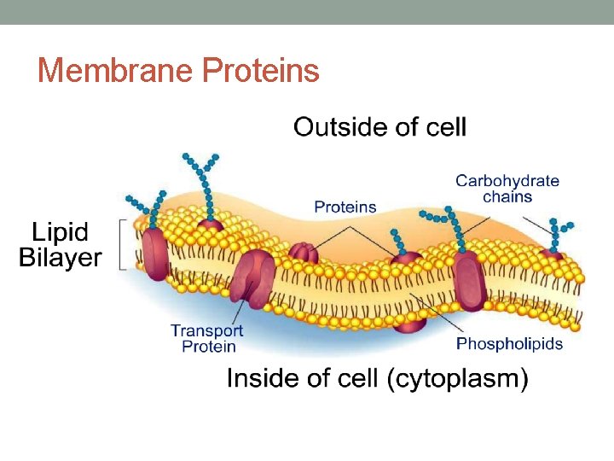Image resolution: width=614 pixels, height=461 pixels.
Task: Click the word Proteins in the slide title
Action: pyautogui.click(x=261, y=71)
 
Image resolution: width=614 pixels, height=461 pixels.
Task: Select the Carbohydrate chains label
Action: pyautogui.click(x=507, y=189)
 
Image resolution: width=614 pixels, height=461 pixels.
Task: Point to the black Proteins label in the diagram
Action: pyautogui.click(x=345, y=207)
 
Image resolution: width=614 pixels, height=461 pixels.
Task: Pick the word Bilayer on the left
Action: pyautogui.click(x=61, y=257)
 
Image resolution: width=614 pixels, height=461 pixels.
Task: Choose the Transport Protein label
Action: pyautogui.click(x=206, y=338)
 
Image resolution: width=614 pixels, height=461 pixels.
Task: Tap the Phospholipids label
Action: pyautogui.click(x=509, y=344)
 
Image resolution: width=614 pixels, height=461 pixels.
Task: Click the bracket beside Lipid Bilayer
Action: pyautogui.click(x=123, y=244)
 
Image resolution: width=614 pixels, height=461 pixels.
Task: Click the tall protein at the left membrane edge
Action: pyautogui.click(x=156, y=254)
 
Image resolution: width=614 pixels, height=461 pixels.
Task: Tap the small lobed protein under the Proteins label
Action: pyautogui.click(x=304, y=253)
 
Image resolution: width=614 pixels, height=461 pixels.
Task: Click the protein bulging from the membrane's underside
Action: pyautogui.click(x=410, y=323)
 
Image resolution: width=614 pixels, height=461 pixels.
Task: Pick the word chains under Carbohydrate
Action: pyautogui.click(x=507, y=197)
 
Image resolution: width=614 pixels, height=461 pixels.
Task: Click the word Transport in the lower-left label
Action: pyautogui.click(x=206, y=330)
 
